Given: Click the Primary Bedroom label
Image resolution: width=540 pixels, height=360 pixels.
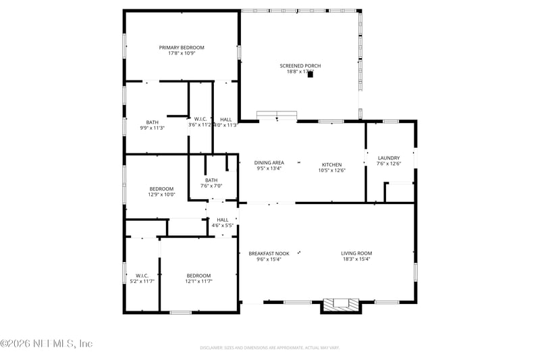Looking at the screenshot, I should point(182,47).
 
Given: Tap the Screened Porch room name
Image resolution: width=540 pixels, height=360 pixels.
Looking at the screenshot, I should point(300,66).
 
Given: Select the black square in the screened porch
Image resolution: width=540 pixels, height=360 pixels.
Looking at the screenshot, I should point(310,75).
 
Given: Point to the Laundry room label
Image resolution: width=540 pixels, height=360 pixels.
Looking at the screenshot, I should point(389,158).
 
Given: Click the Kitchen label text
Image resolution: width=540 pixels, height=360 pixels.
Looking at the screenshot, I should point(331,165).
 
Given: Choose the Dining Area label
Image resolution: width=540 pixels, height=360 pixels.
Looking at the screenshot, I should point(269,163).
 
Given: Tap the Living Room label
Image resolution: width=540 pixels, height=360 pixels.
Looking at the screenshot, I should point(356,253).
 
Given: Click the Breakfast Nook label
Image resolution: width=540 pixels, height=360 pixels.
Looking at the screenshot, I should point(269,253).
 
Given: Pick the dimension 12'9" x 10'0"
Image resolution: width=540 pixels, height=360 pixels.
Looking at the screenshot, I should point(161,195).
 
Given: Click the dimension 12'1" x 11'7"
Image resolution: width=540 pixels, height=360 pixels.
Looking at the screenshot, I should point(199,281).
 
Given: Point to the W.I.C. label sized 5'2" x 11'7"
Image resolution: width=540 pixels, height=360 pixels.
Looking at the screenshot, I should point(142,275).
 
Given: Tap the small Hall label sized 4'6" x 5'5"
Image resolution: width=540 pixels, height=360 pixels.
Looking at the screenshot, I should point(222,220).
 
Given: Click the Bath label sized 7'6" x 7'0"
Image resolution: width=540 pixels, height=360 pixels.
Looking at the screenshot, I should point(211,180).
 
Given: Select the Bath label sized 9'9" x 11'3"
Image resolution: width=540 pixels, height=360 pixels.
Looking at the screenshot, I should point(153,122).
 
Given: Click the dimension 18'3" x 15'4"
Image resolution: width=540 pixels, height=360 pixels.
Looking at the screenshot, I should point(356,259).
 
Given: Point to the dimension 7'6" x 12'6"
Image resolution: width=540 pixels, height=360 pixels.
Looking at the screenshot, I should point(389,163).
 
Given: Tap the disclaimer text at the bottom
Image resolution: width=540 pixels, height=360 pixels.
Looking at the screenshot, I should point(269,348).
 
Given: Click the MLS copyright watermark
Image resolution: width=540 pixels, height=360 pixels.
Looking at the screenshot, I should point(47,343).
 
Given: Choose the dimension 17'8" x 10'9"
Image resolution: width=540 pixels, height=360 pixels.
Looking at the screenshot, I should point(182,53).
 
